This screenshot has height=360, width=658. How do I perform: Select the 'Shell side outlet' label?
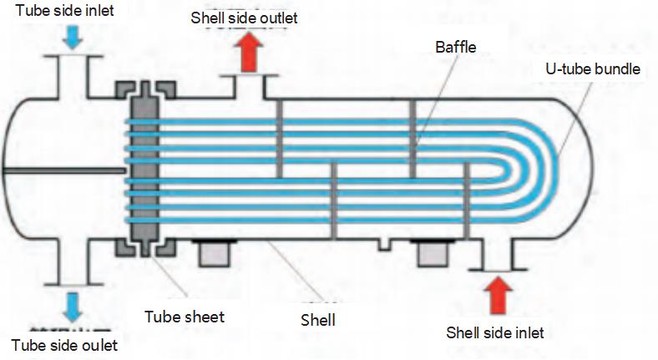244,17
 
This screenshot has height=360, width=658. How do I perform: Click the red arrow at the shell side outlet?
248,51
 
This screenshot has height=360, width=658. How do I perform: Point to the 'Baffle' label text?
455,48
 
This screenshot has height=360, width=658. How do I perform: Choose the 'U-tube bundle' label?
586,69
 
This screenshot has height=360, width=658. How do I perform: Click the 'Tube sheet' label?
185,317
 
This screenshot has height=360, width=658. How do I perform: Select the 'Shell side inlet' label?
495,332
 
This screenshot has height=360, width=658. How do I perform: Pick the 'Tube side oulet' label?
64,345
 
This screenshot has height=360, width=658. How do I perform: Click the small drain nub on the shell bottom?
383,244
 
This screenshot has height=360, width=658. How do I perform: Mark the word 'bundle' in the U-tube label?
616,69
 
